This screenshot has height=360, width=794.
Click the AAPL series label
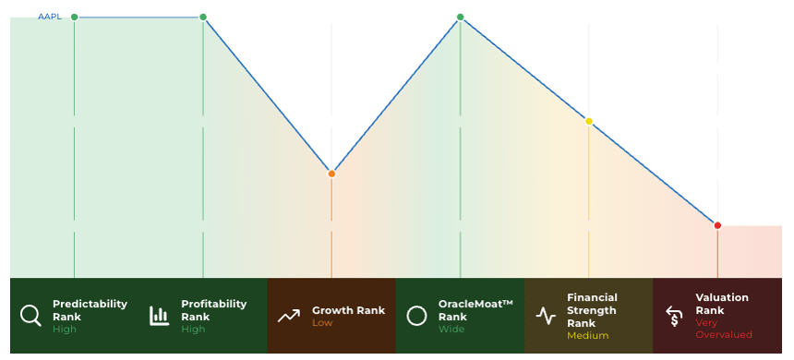50,17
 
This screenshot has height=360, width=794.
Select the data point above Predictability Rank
75,18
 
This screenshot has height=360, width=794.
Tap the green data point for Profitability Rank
203,18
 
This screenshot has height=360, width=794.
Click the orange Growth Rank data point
331,174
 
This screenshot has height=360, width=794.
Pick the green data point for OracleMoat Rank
461,18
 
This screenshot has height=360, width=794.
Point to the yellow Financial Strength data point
589,122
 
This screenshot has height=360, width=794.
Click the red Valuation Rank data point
717,226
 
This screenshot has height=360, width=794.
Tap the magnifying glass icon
30,316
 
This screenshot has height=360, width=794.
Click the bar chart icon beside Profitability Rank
159,316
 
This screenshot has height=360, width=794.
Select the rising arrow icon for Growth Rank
289,317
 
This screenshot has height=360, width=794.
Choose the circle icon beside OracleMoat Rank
416,316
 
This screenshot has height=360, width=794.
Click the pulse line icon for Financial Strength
546,316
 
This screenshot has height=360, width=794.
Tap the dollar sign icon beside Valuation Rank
674,317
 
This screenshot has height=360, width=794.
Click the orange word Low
322,323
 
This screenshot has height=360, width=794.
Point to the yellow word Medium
587,336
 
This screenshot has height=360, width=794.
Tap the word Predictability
90,304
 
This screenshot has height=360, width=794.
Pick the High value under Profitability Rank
193,330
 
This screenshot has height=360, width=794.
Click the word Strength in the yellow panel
592,310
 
